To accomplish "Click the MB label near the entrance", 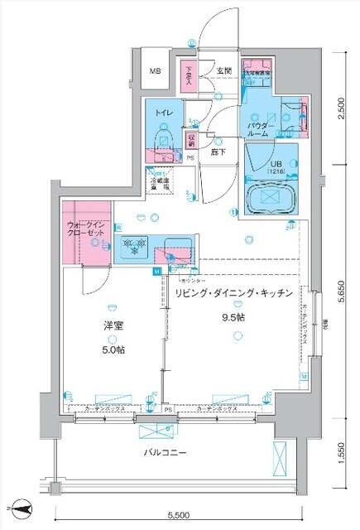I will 156,72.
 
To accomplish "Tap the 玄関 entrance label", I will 223,71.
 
